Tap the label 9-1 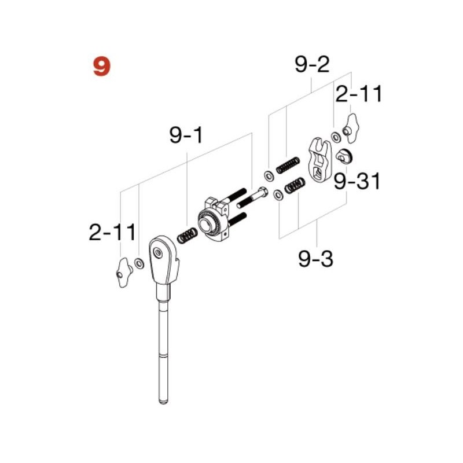[x=186, y=136]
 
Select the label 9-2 [x=312, y=65]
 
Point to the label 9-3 [x=316, y=258]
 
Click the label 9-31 [x=357, y=182]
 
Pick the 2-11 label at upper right [x=359, y=94]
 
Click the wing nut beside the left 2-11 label [x=122, y=271]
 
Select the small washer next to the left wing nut [x=139, y=264]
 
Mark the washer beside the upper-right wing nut [x=336, y=137]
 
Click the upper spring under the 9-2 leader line [x=288, y=165]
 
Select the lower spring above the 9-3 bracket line [x=295, y=186]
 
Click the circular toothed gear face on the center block [x=208, y=223]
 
